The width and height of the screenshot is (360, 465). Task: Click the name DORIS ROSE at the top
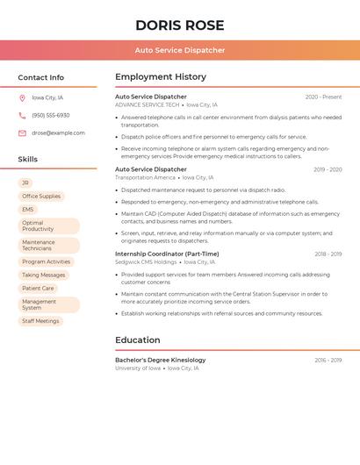[x=180, y=25]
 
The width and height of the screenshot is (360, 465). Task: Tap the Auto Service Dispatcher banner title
[x=180, y=50]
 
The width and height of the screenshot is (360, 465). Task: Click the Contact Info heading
[x=41, y=77]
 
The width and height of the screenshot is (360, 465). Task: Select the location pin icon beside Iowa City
[x=22, y=97]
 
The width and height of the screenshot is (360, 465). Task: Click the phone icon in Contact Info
[x=22, y=115]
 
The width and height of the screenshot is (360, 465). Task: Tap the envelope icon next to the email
[x=22, y=133]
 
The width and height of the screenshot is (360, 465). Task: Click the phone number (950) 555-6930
[x=51, y=115]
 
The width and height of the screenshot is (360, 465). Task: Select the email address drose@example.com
[x=58, y=133]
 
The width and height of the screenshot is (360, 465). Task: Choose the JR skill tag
[x=26, y=182]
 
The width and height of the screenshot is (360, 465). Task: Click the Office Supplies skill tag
[x=41, y=197]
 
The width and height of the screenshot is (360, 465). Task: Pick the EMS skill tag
[x=28, y=210]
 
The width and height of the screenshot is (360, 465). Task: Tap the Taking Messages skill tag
[x=44, y=275]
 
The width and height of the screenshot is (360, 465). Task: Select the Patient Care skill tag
[x=38, y=288]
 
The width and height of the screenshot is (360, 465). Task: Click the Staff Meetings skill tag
[x=40, y=321]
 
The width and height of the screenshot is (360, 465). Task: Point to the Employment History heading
[x=161, y=77]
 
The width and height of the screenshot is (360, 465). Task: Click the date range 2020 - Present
[x=323, y=97]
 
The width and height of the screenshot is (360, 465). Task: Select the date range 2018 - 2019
[x=328, y=254]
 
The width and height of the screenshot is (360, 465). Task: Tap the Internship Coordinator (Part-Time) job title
[x=167, y=254]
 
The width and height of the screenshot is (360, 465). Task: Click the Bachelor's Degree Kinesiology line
[x=161, y=360]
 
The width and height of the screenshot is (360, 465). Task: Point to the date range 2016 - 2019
[x=328, y=360]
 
